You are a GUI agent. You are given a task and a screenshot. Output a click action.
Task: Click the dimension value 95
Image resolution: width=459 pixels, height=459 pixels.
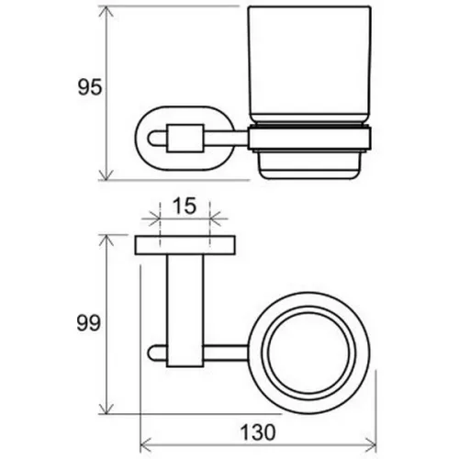pos(90,87)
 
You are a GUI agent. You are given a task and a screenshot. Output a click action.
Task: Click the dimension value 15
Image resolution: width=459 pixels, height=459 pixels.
pos(185,206)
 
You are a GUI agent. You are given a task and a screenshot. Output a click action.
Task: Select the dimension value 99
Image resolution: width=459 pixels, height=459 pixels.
pos(88,323)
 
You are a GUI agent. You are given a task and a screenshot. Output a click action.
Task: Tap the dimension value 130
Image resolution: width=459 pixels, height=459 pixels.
pos(258,432)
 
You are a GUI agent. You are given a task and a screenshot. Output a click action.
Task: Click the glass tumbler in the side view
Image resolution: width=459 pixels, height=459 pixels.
pos(309,64)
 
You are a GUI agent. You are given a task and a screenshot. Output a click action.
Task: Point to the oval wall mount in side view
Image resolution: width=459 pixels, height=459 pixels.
pos(137,139)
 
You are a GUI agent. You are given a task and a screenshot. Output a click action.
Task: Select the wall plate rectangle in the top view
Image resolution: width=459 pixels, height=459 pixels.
pos(185,245)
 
